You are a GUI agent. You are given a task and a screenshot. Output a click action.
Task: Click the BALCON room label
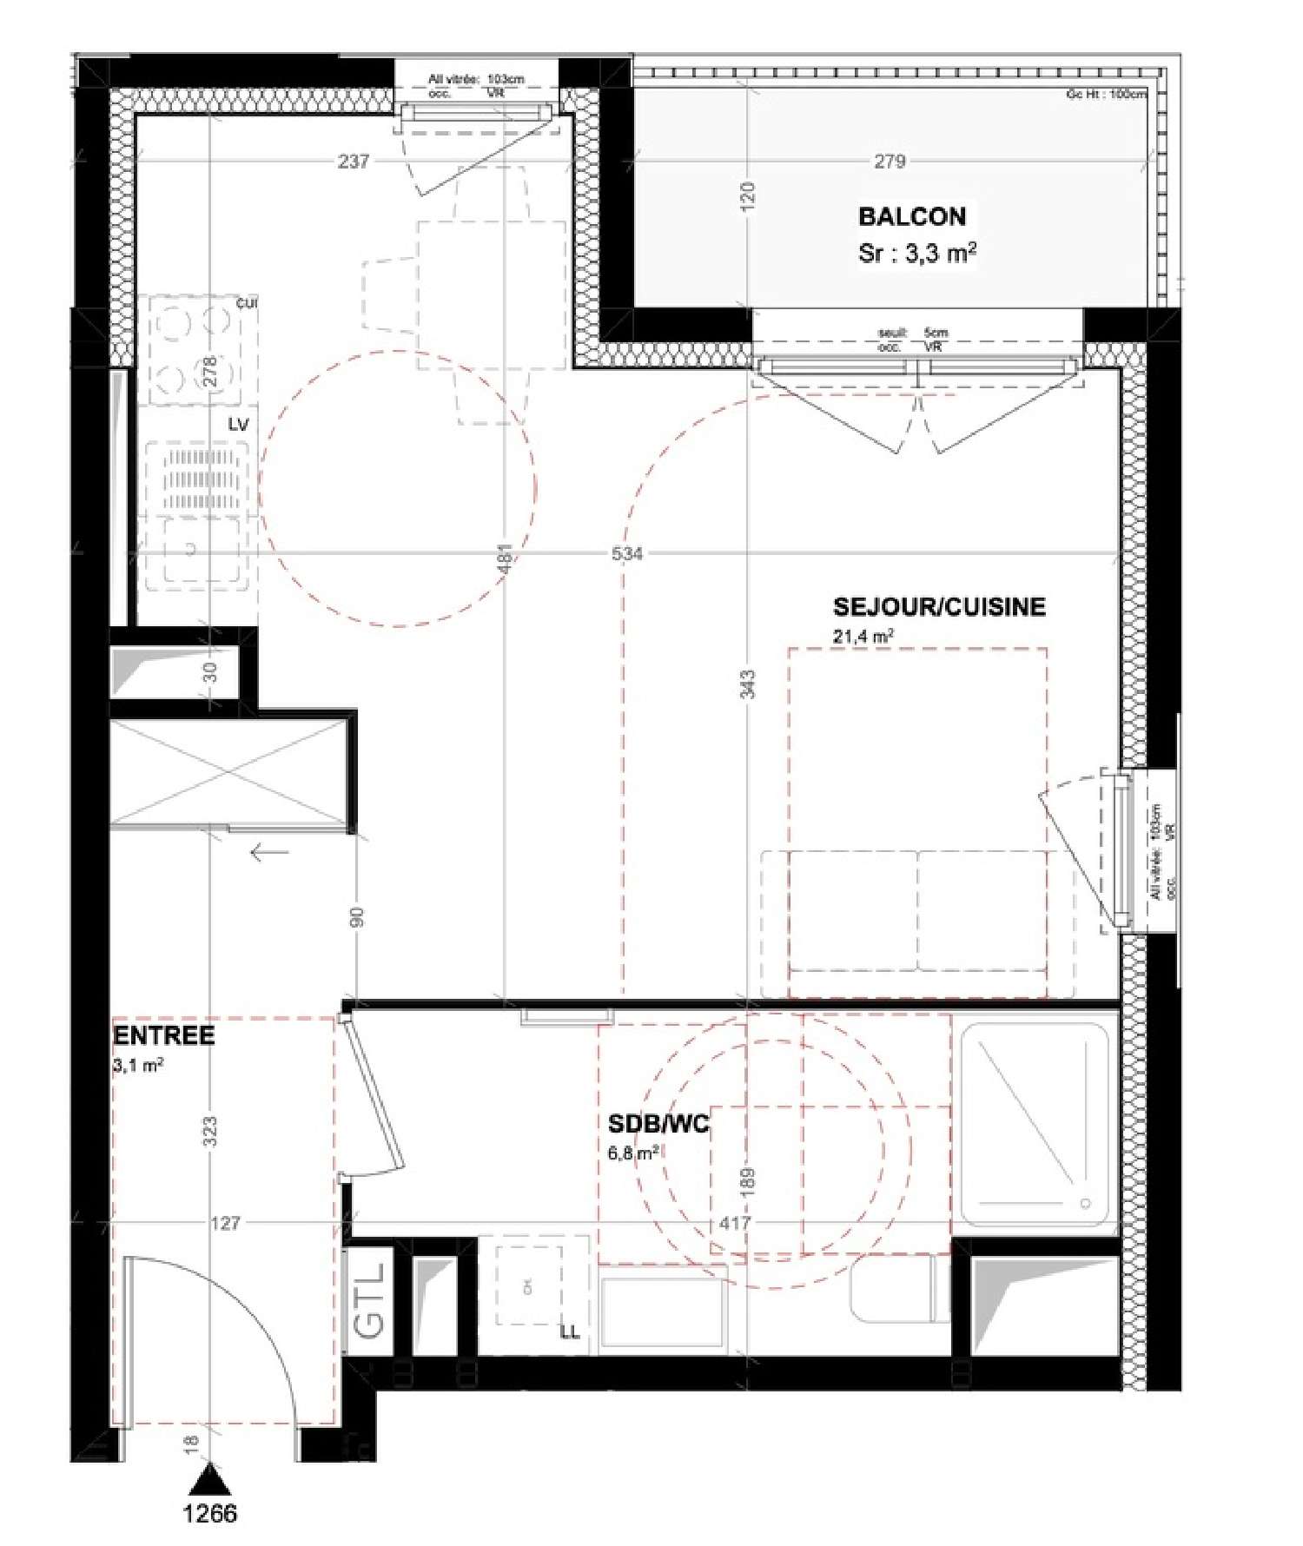point(911,216)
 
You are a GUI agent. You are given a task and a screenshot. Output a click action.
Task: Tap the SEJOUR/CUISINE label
point(938,606)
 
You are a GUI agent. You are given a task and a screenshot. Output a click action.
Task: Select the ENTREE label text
point(163,1035)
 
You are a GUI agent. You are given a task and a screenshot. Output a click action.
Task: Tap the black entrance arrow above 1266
point(209,1479)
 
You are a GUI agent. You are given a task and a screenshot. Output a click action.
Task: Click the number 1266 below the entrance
point(209,1513)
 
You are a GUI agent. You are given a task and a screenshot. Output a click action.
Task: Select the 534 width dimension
point(626,553)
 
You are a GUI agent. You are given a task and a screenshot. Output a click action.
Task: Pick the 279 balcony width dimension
point(890,161)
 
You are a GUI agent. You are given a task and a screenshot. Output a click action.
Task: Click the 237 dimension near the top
point(354,161)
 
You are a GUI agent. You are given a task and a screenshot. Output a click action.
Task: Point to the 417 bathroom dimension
point(735,1223)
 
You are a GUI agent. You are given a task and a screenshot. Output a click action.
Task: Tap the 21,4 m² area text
point(863,637)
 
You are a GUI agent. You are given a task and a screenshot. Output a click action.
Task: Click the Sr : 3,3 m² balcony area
point(916,254)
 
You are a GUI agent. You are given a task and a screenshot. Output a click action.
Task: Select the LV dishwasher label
point(238,424)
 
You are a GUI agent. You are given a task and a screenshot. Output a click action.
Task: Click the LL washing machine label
point(569,1332)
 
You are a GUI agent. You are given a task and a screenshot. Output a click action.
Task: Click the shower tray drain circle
point(1084,1204)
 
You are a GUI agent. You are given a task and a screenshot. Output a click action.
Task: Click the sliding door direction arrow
point(269,852)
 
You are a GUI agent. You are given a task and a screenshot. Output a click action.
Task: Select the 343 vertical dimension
point(750,684)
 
